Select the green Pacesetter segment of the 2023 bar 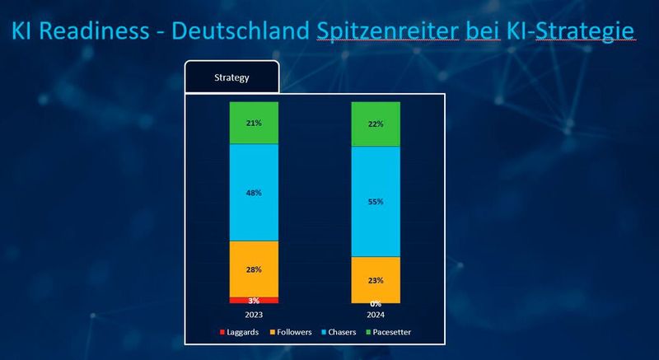pyautogui.click(x=254, y=123)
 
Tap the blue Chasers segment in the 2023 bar pyautogui.click(x=254, y=192)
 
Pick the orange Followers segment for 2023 pyautogui.click(x=254, y=269)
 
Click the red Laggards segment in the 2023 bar pyautogui.click(x=254, y=300)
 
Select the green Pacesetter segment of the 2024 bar pyautogui.click(x=375, y=124)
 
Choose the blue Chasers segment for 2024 pyautogui.click(x=375, y=201)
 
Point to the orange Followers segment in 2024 pyautogui.click(x=375, y=279)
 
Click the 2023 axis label pyautogui.click(x=254, y=314)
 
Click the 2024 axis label pyautogui.click(x=375, y=314)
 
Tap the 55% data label pyautogui.click(x=375, y=201)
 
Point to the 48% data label pyautogui.click(x=254, y=193)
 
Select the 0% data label pyautogui.click(x=375, y=304)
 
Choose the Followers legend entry pyautogui.click(x=289, y=332)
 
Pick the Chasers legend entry pyautogui.click(x=341, y=332)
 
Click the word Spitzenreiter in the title pyautogui.click(x=376, y=30)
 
